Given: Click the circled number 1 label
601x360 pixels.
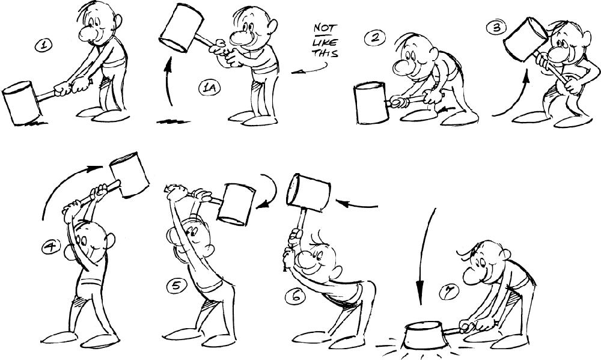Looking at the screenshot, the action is [x=44, y=45].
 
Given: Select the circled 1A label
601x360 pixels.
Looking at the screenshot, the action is [x=210, y=88].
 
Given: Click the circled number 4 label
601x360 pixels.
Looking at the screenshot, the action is [x=51, y=246].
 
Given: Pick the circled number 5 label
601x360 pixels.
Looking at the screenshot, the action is [x=177, y=286].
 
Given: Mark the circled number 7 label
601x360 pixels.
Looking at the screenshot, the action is [x=448, y=293].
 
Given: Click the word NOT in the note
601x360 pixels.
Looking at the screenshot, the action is [x=325, y=28].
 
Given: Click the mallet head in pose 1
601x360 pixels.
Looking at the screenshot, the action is [x=21, y=103].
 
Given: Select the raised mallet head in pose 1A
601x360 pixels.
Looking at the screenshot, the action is [x=181, y=28].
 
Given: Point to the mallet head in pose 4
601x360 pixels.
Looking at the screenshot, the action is [x=129, y=174].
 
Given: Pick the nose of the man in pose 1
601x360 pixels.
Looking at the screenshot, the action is [x=87, y=33].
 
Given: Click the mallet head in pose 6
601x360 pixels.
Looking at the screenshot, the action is [x=308, y=192].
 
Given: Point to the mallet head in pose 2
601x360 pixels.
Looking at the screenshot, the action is [x=371, y=103].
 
